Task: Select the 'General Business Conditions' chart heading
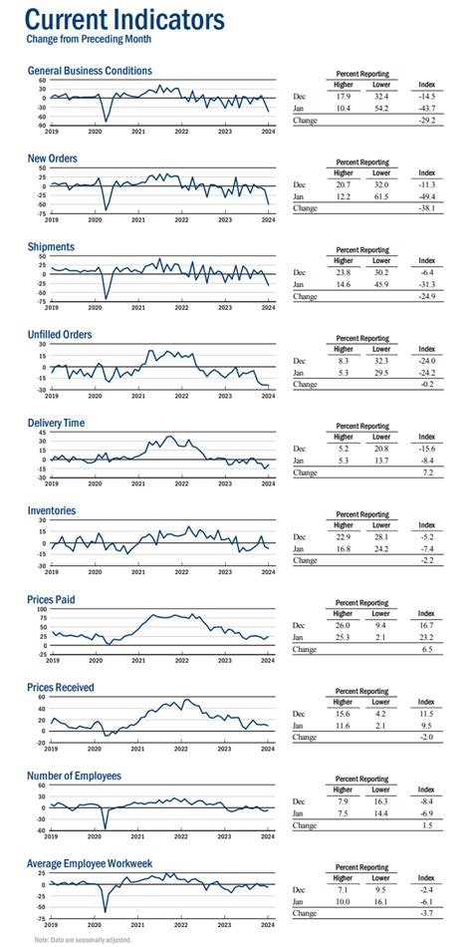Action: click(90, 71)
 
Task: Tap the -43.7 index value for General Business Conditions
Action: click(426, 108)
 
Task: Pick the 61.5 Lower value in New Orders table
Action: click(380, 195)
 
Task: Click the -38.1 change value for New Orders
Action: click(426, 208)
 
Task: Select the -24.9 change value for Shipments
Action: click(426, 296)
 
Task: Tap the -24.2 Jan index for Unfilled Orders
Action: click(426, 372)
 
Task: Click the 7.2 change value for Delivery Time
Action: click(428, 473)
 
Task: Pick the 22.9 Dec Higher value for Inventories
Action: click(343, 535)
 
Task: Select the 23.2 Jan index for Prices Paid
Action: click(427, 636)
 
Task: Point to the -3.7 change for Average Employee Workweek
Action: click(427, 913)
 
